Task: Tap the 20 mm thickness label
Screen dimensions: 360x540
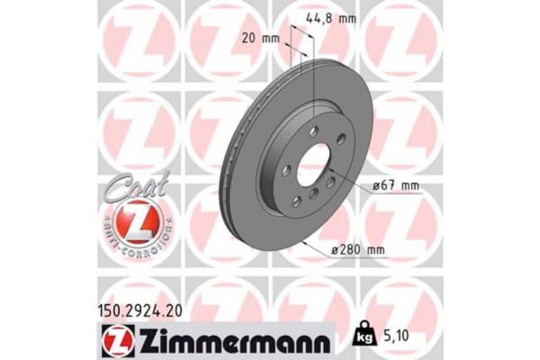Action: pos(262,38)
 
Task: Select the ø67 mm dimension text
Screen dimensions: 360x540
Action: pos(398,186)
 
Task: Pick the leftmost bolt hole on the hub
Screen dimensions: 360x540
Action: pos(285,169)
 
